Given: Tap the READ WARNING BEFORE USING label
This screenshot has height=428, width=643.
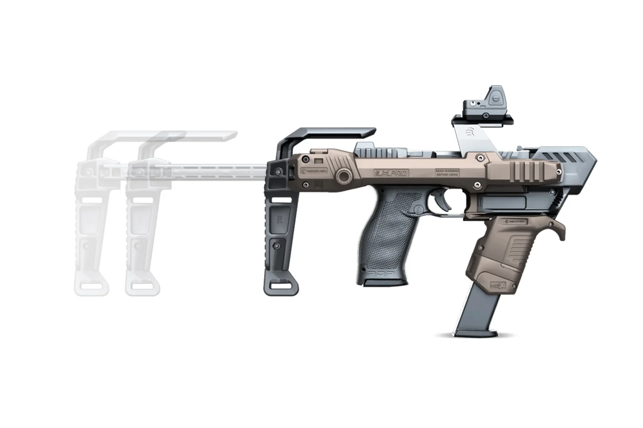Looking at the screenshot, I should pos(447,172).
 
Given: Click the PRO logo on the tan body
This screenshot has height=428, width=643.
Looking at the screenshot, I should pos(392,173).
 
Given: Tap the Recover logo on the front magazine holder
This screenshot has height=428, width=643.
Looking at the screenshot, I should pos(519,221).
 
